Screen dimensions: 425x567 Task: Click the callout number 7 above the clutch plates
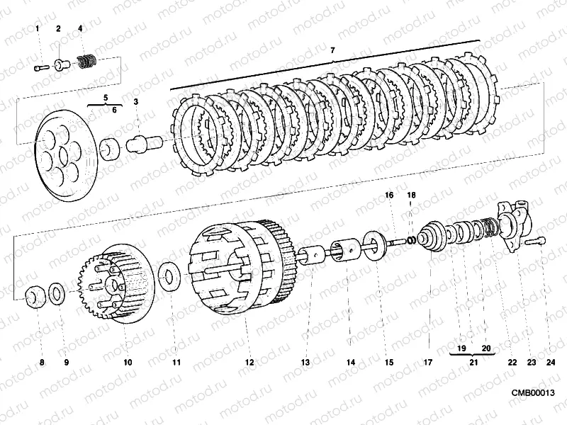tap(332, 50)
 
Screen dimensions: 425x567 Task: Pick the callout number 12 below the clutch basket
tap(249, 362)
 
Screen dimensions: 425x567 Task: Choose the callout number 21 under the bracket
tap(473, 362)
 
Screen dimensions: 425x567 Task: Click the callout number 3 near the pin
tap(136, 101)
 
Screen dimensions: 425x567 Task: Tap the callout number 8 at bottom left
tap(41, 362)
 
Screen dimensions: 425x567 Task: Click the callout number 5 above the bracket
tap(105, 96)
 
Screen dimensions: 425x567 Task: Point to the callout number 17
tap(428, 362)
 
